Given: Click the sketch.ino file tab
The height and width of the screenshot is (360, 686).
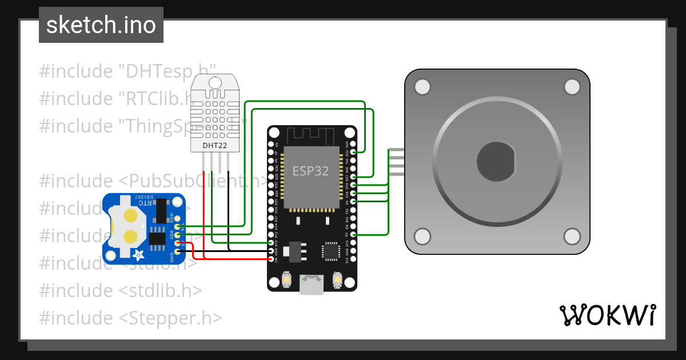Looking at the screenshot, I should click(x=101, y=25).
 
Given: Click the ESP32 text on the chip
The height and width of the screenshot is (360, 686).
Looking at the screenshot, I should click(x=310, y=170).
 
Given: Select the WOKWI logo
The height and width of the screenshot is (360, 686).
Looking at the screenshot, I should click(x=607, y=315).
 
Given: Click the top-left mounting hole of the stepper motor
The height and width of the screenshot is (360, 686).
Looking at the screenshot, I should click(x=422, y=87).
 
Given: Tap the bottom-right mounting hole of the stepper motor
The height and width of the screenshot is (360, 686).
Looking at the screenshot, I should click(x=572, y=236).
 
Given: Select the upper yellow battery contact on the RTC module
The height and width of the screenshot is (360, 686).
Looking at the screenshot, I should click(x=131, y=216).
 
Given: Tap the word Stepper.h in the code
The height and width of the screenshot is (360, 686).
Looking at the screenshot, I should click(x=172, y=318).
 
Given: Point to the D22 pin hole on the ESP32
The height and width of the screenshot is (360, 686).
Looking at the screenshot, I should click(x=354, y=152).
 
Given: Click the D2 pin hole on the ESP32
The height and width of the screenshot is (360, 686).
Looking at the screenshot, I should click(x=354, y=235).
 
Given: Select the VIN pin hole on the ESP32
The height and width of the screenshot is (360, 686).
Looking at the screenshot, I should click(x=270, y=259).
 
